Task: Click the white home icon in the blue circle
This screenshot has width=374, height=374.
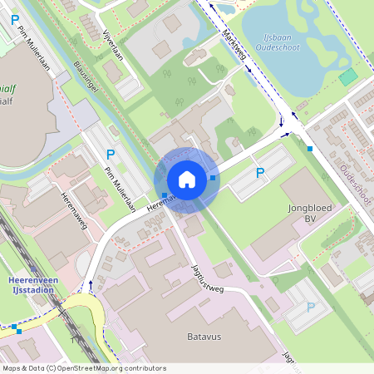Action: point(186,179)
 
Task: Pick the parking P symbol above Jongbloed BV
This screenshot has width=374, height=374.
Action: point(260,173)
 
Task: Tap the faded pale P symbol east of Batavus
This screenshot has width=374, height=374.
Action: point(311,307)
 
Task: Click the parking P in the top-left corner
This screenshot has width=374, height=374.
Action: point(14,18)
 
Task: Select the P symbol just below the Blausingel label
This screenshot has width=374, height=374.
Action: point(111,154)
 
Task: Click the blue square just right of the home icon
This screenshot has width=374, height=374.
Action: point(214,178)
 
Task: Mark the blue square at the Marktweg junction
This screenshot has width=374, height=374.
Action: point(309,149)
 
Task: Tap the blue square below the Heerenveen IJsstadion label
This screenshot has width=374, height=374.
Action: point(18,330)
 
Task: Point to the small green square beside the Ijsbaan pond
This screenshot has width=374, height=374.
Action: point(348,76)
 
